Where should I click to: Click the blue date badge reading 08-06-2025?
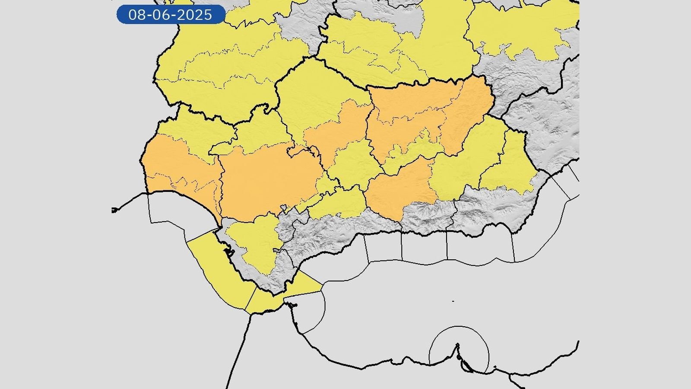[x=171, y=15]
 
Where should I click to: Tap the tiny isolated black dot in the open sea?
[x=453, y=301]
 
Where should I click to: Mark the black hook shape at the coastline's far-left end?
[x=114, y=210]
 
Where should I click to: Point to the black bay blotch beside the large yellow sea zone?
[x=228, y=252]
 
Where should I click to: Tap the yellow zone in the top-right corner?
[x=523, y=30]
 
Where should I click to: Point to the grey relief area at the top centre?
[x=302, y=22]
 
